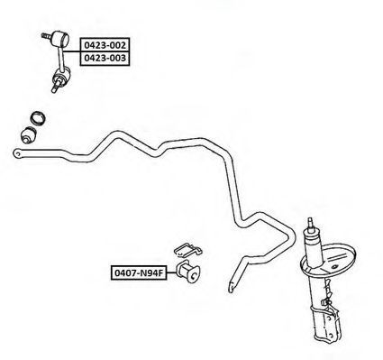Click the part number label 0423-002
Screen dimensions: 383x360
[105, 45]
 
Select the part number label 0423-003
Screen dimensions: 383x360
[105, 58]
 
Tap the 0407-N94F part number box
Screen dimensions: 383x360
[139, 272]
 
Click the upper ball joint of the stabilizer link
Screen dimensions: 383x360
[60, 39]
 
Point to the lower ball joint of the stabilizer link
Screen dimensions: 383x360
[61, 76]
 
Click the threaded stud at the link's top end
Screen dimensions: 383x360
[47, 36]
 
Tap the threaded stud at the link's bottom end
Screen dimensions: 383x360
[55, 88]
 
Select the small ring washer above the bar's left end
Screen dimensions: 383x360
[38, 117]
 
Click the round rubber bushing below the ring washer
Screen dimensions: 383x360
[29, 135]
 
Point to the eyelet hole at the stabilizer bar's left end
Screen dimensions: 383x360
[18, 154]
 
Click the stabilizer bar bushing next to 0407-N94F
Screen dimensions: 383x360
[188, 272]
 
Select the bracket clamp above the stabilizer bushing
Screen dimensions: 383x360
[188, 250]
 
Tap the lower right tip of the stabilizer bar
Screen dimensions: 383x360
[231, 291]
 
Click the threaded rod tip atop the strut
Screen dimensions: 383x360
[310, 223]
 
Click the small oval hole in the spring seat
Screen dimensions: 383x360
[334, 267]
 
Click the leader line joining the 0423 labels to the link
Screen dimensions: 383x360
[71, 51]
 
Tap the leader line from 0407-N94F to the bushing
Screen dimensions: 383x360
[171, 272]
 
